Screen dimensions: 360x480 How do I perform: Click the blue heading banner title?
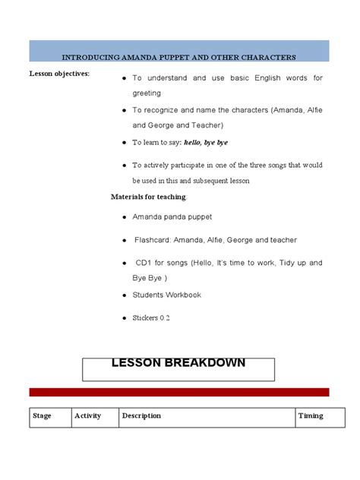coord(179,57)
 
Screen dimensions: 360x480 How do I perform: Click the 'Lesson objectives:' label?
coord(59,73)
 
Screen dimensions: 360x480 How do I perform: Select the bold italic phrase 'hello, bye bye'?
coord(204,142)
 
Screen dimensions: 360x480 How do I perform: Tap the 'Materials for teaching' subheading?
coord(148,197)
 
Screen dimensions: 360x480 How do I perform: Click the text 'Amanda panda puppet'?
coord(172,216)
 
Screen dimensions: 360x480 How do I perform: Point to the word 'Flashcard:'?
coord(154,240)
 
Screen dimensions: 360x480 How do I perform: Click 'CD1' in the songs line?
coord(144,263)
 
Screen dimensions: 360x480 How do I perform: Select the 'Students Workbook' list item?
coord(166,295)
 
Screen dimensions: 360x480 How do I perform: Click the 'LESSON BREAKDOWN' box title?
coord(178,362)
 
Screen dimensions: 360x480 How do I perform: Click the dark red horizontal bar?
coord(179,392)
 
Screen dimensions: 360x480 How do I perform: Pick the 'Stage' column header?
coord(43,415)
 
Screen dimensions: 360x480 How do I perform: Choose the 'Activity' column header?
coord(88,415)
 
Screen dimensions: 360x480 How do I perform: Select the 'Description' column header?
coord(142,415)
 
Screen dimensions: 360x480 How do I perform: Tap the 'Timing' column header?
coord(311,415)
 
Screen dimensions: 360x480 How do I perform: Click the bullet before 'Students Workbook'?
coord(124,295)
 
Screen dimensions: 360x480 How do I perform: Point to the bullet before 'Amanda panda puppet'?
coord(124,217)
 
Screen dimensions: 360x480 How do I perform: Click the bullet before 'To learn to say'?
coord(124,143)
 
